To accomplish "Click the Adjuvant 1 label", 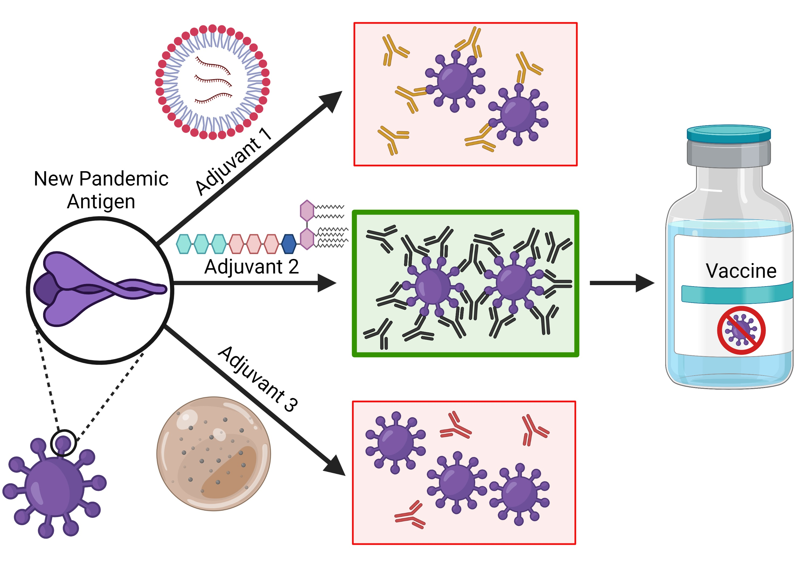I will click(233, 162).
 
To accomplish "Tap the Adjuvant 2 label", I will click(252, 267).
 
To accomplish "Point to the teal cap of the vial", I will click(728, 133).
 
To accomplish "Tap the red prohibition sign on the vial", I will click(741, 330).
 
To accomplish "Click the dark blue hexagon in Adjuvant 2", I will click(289, 244).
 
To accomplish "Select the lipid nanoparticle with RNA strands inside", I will click(212, 82).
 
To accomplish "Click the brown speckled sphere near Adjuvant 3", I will click(214, 453).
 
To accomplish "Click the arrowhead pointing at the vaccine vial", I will click(645, 283).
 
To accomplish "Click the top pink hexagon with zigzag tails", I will click(307, 211).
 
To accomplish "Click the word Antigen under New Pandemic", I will click(101, 201).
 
